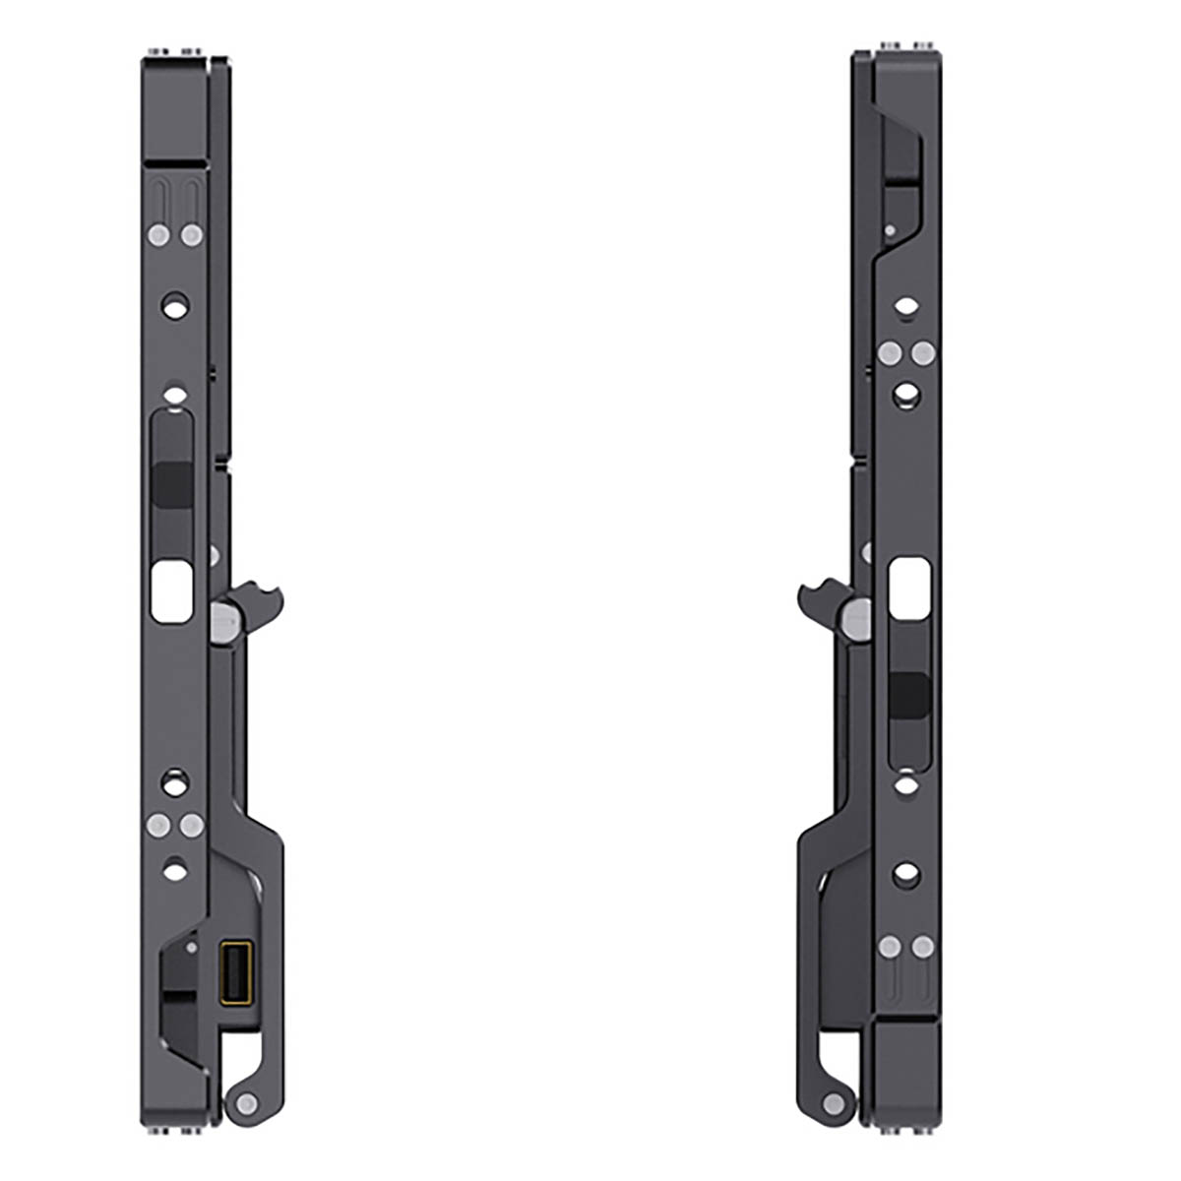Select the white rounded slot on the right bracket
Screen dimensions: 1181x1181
point(909,589)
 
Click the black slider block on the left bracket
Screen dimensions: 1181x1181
point(172,483)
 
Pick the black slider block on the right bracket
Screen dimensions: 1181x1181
point(909,695)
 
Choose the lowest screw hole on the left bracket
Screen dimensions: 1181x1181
point(174,869)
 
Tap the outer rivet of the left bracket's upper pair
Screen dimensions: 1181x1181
point(155,234)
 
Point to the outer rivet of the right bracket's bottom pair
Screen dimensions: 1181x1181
point(924,947)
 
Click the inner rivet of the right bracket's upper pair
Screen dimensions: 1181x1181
point(890,352)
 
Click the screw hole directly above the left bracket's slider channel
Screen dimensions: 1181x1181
point(174,397)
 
